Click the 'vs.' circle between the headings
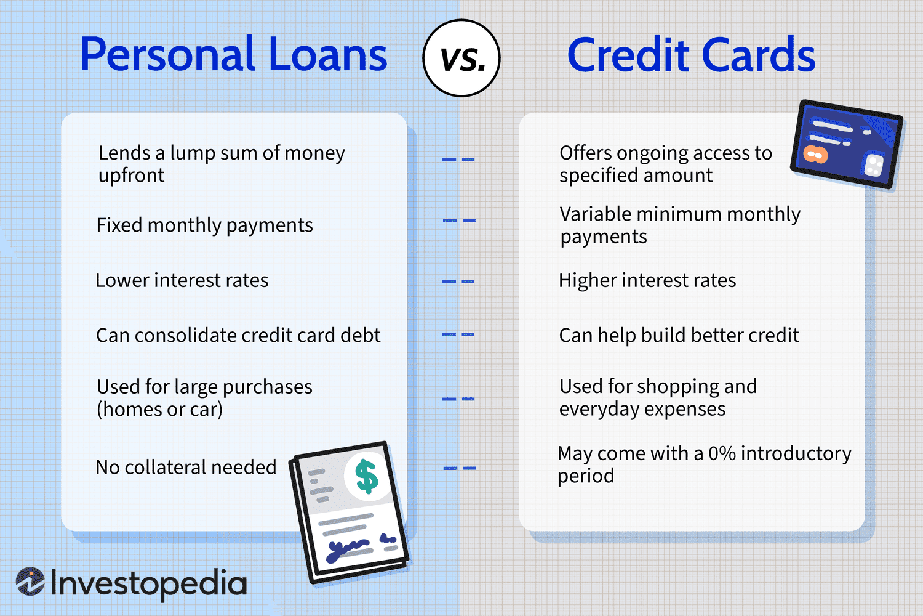pos(461,58)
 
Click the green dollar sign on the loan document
pos(367,476)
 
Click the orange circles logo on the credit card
pos(815,154)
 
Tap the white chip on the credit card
pos(874,164)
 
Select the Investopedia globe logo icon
pos(30,582)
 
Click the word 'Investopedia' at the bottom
pos(148,583)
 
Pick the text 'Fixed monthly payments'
pos(204,225)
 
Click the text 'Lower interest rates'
pos(182,281)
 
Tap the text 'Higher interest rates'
pos(647,281)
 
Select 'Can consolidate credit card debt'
pos(238,336)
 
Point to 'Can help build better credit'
pos(679,336)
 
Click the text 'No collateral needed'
pos(186,468)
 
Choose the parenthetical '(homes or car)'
pos(159,410)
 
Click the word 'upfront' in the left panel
pos(131,176)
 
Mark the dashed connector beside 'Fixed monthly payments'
pos(459,221)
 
